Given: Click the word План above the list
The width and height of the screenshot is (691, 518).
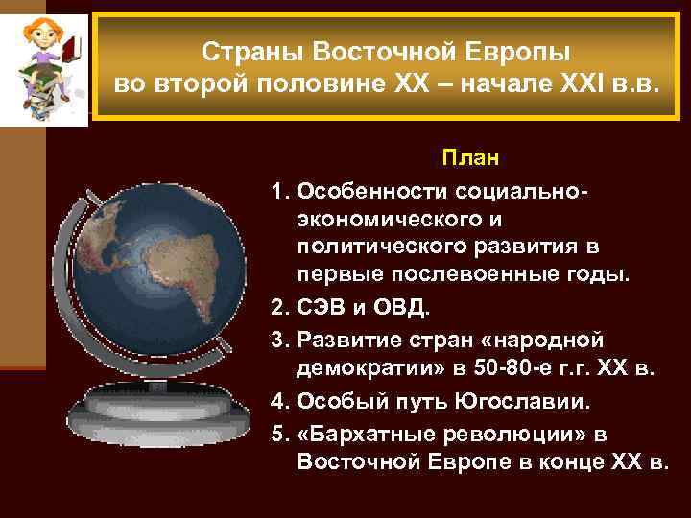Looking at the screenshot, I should coord(464,155).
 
